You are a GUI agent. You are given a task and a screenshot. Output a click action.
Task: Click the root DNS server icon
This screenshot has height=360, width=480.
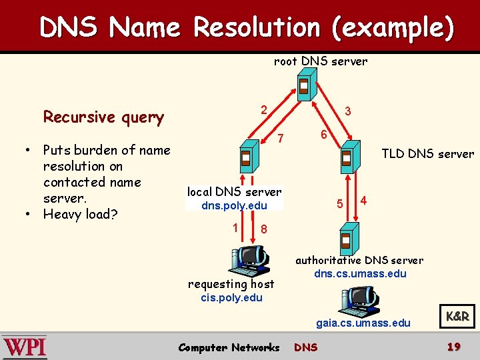(x=303, y=86)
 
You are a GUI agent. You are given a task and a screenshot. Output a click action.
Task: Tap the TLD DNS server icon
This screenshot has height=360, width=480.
(x=346, y=158)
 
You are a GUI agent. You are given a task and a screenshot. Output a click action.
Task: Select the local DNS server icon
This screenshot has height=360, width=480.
(x=246, y=159)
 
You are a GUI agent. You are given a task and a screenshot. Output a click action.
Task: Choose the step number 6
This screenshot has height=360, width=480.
(x=322, y=134)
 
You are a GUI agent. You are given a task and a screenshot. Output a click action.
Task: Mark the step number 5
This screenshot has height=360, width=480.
(x=339, y=203)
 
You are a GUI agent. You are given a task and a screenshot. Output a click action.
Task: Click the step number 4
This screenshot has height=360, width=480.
(x=363, y=200)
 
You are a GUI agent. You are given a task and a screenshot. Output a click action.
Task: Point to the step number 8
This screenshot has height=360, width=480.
(x=265, y=229)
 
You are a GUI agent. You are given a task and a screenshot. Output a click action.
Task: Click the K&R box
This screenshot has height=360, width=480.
(x=457, y=317)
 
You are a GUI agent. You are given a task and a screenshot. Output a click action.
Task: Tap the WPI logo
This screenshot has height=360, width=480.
(x=25, y=347)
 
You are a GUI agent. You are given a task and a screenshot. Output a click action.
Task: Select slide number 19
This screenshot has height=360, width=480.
(x=454, y=347)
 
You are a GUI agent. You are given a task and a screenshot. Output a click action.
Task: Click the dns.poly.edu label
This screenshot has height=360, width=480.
(x=234, y=205)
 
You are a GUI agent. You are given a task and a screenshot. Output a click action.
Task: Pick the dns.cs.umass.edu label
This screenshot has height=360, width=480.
(x=360, y=273)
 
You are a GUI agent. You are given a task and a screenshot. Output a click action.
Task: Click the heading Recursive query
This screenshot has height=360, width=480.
(x=103, y=117)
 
